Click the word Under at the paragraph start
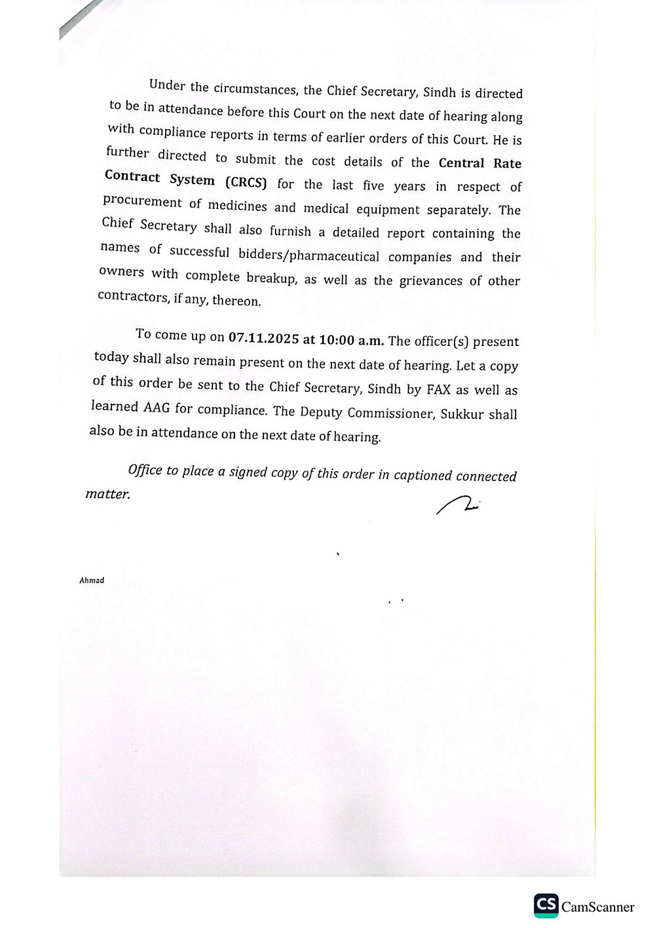point(167,85)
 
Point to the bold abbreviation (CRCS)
point(246,183)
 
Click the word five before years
point(373,185)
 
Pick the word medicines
point(237,206)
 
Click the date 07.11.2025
point(263,338)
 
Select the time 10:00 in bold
point(336,339)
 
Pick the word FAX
point(438,389)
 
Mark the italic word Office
point(145,469)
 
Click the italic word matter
point(108,493)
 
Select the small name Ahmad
point(92,580)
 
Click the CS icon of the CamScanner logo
point(546,905)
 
